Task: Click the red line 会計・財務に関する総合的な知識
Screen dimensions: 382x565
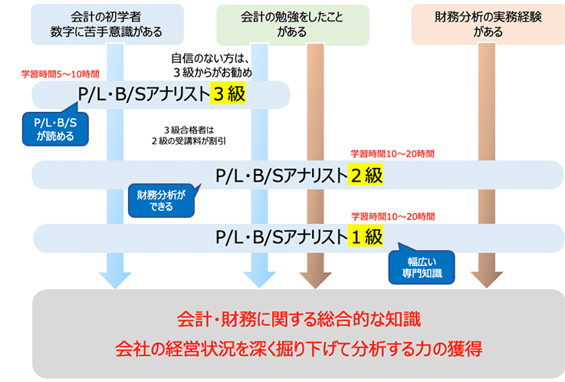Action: click(x=299, y=317)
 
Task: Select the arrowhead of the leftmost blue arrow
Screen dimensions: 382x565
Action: click(x=115, y=278)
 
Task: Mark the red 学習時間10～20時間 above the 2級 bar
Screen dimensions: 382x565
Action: click(x=392, y=153)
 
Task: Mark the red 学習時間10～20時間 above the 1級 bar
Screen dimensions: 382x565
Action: click(x=392, y=216)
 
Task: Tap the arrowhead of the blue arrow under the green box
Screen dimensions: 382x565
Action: click(x=258, y=278)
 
